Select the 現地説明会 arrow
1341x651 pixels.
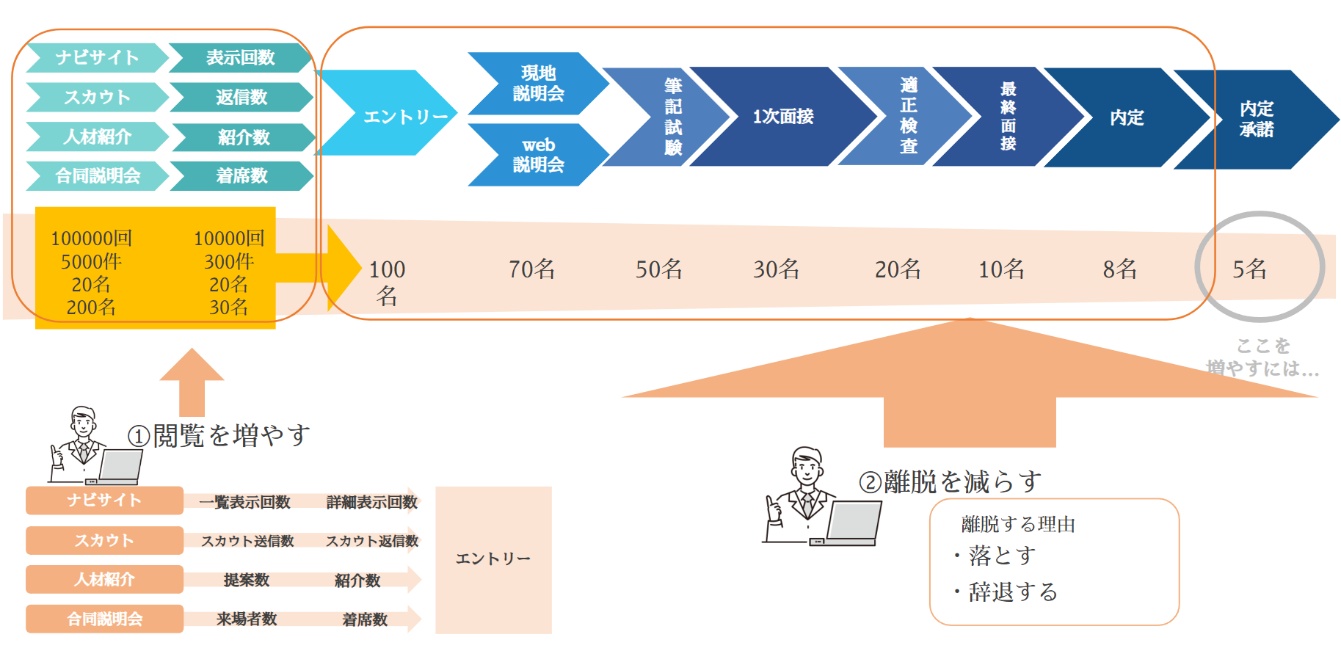coord(538,83)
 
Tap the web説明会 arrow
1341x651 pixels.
coord(538,155)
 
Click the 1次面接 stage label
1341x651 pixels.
coord(782,116)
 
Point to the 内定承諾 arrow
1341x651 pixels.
coord(1257,119)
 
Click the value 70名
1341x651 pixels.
coord(531,269)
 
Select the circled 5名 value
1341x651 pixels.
coord(1249,269)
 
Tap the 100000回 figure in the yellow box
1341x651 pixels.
coord(91,239)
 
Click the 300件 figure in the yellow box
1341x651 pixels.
coord(229,261)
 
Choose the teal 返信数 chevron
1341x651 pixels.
coord(241,97)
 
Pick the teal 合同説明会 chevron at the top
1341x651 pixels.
coord(98,176)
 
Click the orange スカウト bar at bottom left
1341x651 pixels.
coord(104,540)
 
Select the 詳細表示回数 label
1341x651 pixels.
coord(371,502)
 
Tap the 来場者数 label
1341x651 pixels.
coord(247,619)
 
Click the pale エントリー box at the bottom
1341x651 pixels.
coord(493,559)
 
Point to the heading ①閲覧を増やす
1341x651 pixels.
coord(219,436)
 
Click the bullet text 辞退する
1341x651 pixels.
coord(1012,592)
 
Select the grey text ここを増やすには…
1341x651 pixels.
coord(1262,357)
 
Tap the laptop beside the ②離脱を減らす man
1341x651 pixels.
coord(851,522)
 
